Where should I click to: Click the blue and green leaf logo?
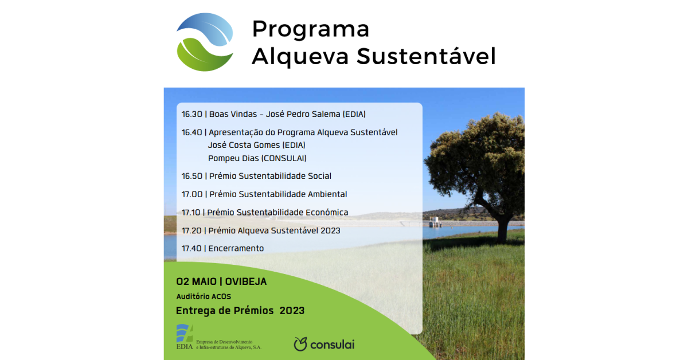(x=205, y=42)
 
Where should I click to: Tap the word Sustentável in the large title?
(x=426, y=56)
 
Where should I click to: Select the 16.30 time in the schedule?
(x=192, y=114)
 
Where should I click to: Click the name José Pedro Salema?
(x=303, y=114)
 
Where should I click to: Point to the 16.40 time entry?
(x=192, y=132)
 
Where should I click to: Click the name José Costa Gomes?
(x=244, y=145)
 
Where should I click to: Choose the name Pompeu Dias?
(x=233, y=158)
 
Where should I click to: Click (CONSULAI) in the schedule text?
(x=284, y=158)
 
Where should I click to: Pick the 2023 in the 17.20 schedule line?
(x=330, y=230)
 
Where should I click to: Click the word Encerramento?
(x=236, y=248)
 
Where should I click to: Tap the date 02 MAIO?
(x=196, y=281)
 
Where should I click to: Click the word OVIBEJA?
(x=246, y=281)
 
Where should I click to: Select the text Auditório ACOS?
(x=204, y=296)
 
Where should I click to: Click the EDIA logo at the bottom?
(x=218, y=337)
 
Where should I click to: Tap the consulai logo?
(x=324, y=344)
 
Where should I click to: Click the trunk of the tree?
(x=502, y=228)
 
